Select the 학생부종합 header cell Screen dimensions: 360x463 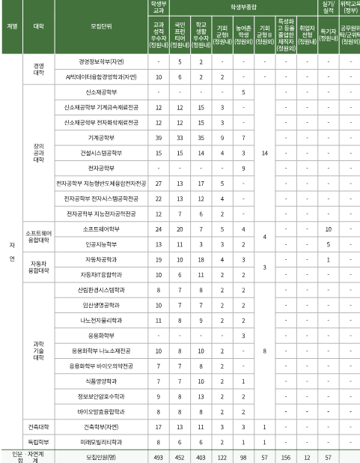(242, 6)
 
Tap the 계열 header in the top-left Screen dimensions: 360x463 (11, 25)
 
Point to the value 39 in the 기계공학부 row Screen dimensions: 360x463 (159, 138)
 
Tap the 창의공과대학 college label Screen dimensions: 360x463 (38, 153)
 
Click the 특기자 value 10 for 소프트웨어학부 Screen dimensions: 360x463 (328, 229)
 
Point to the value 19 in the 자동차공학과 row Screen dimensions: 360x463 (159, 259)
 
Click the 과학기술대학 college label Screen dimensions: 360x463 (38, 351)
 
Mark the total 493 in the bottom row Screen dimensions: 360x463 (159, 457)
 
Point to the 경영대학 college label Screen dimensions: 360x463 (38, 69)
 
